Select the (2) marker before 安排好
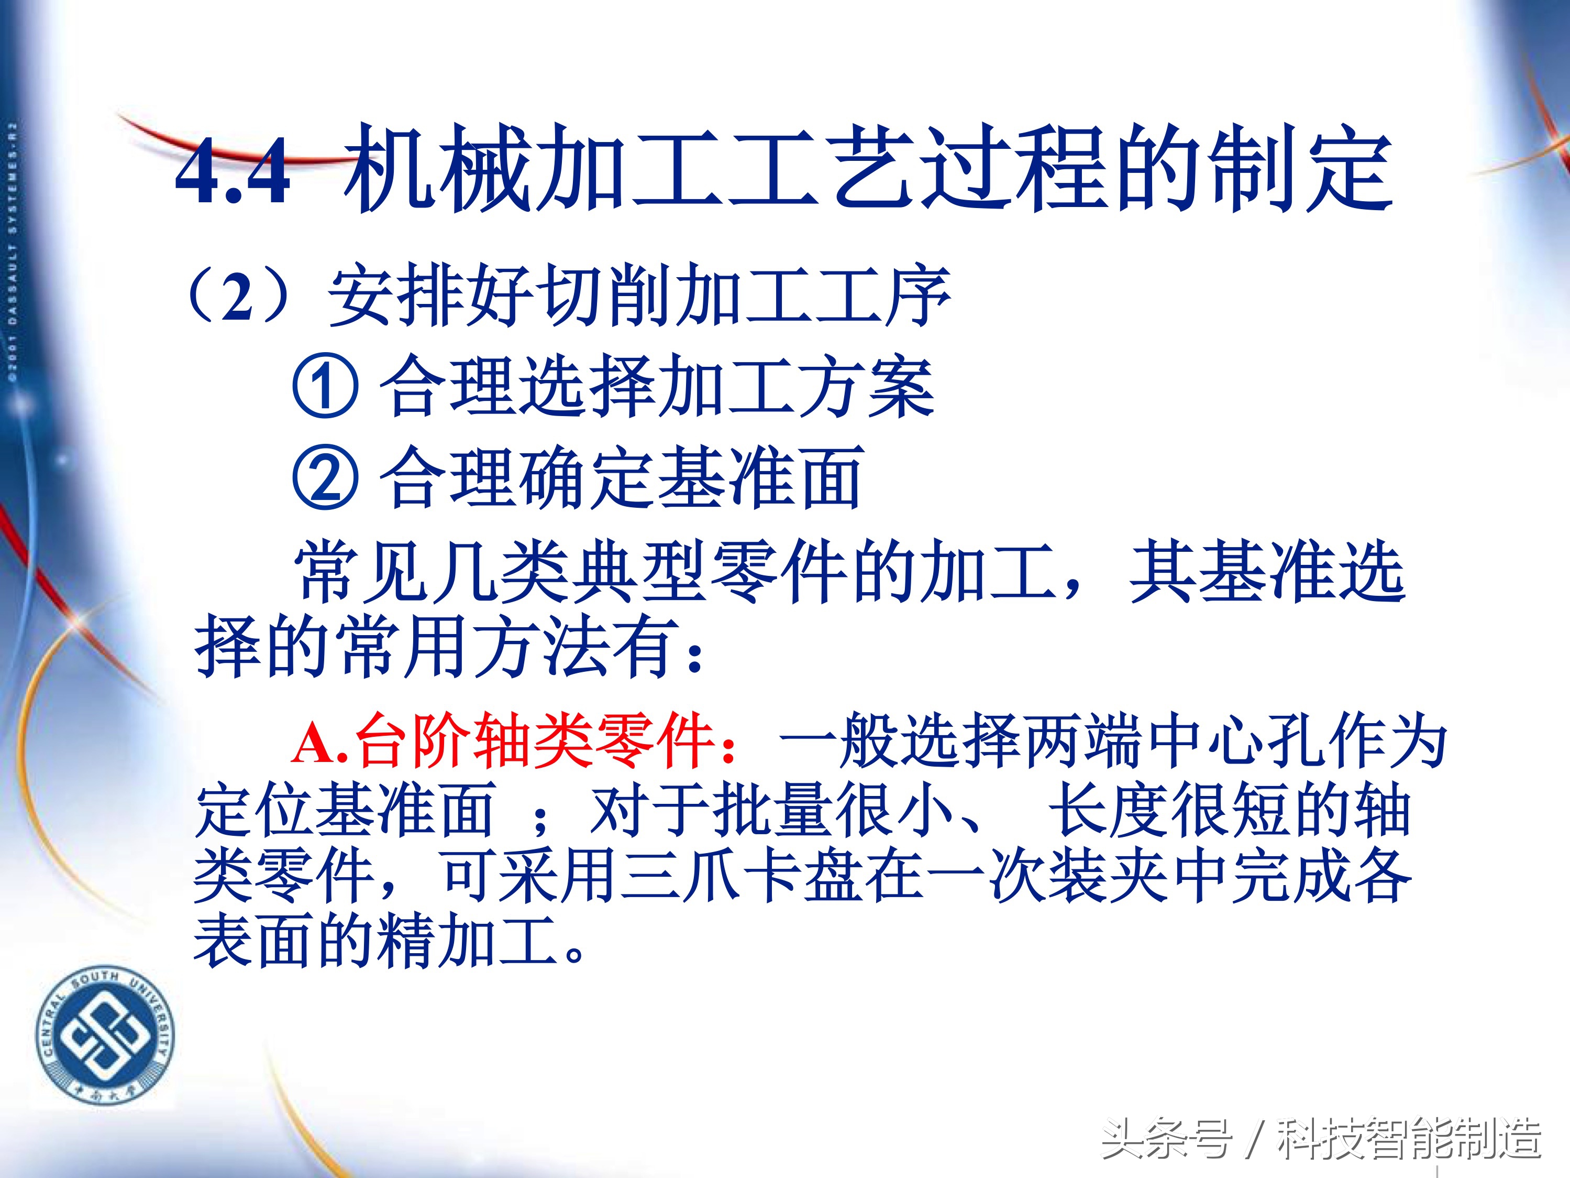pyautogui.click(x=238, y=297)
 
